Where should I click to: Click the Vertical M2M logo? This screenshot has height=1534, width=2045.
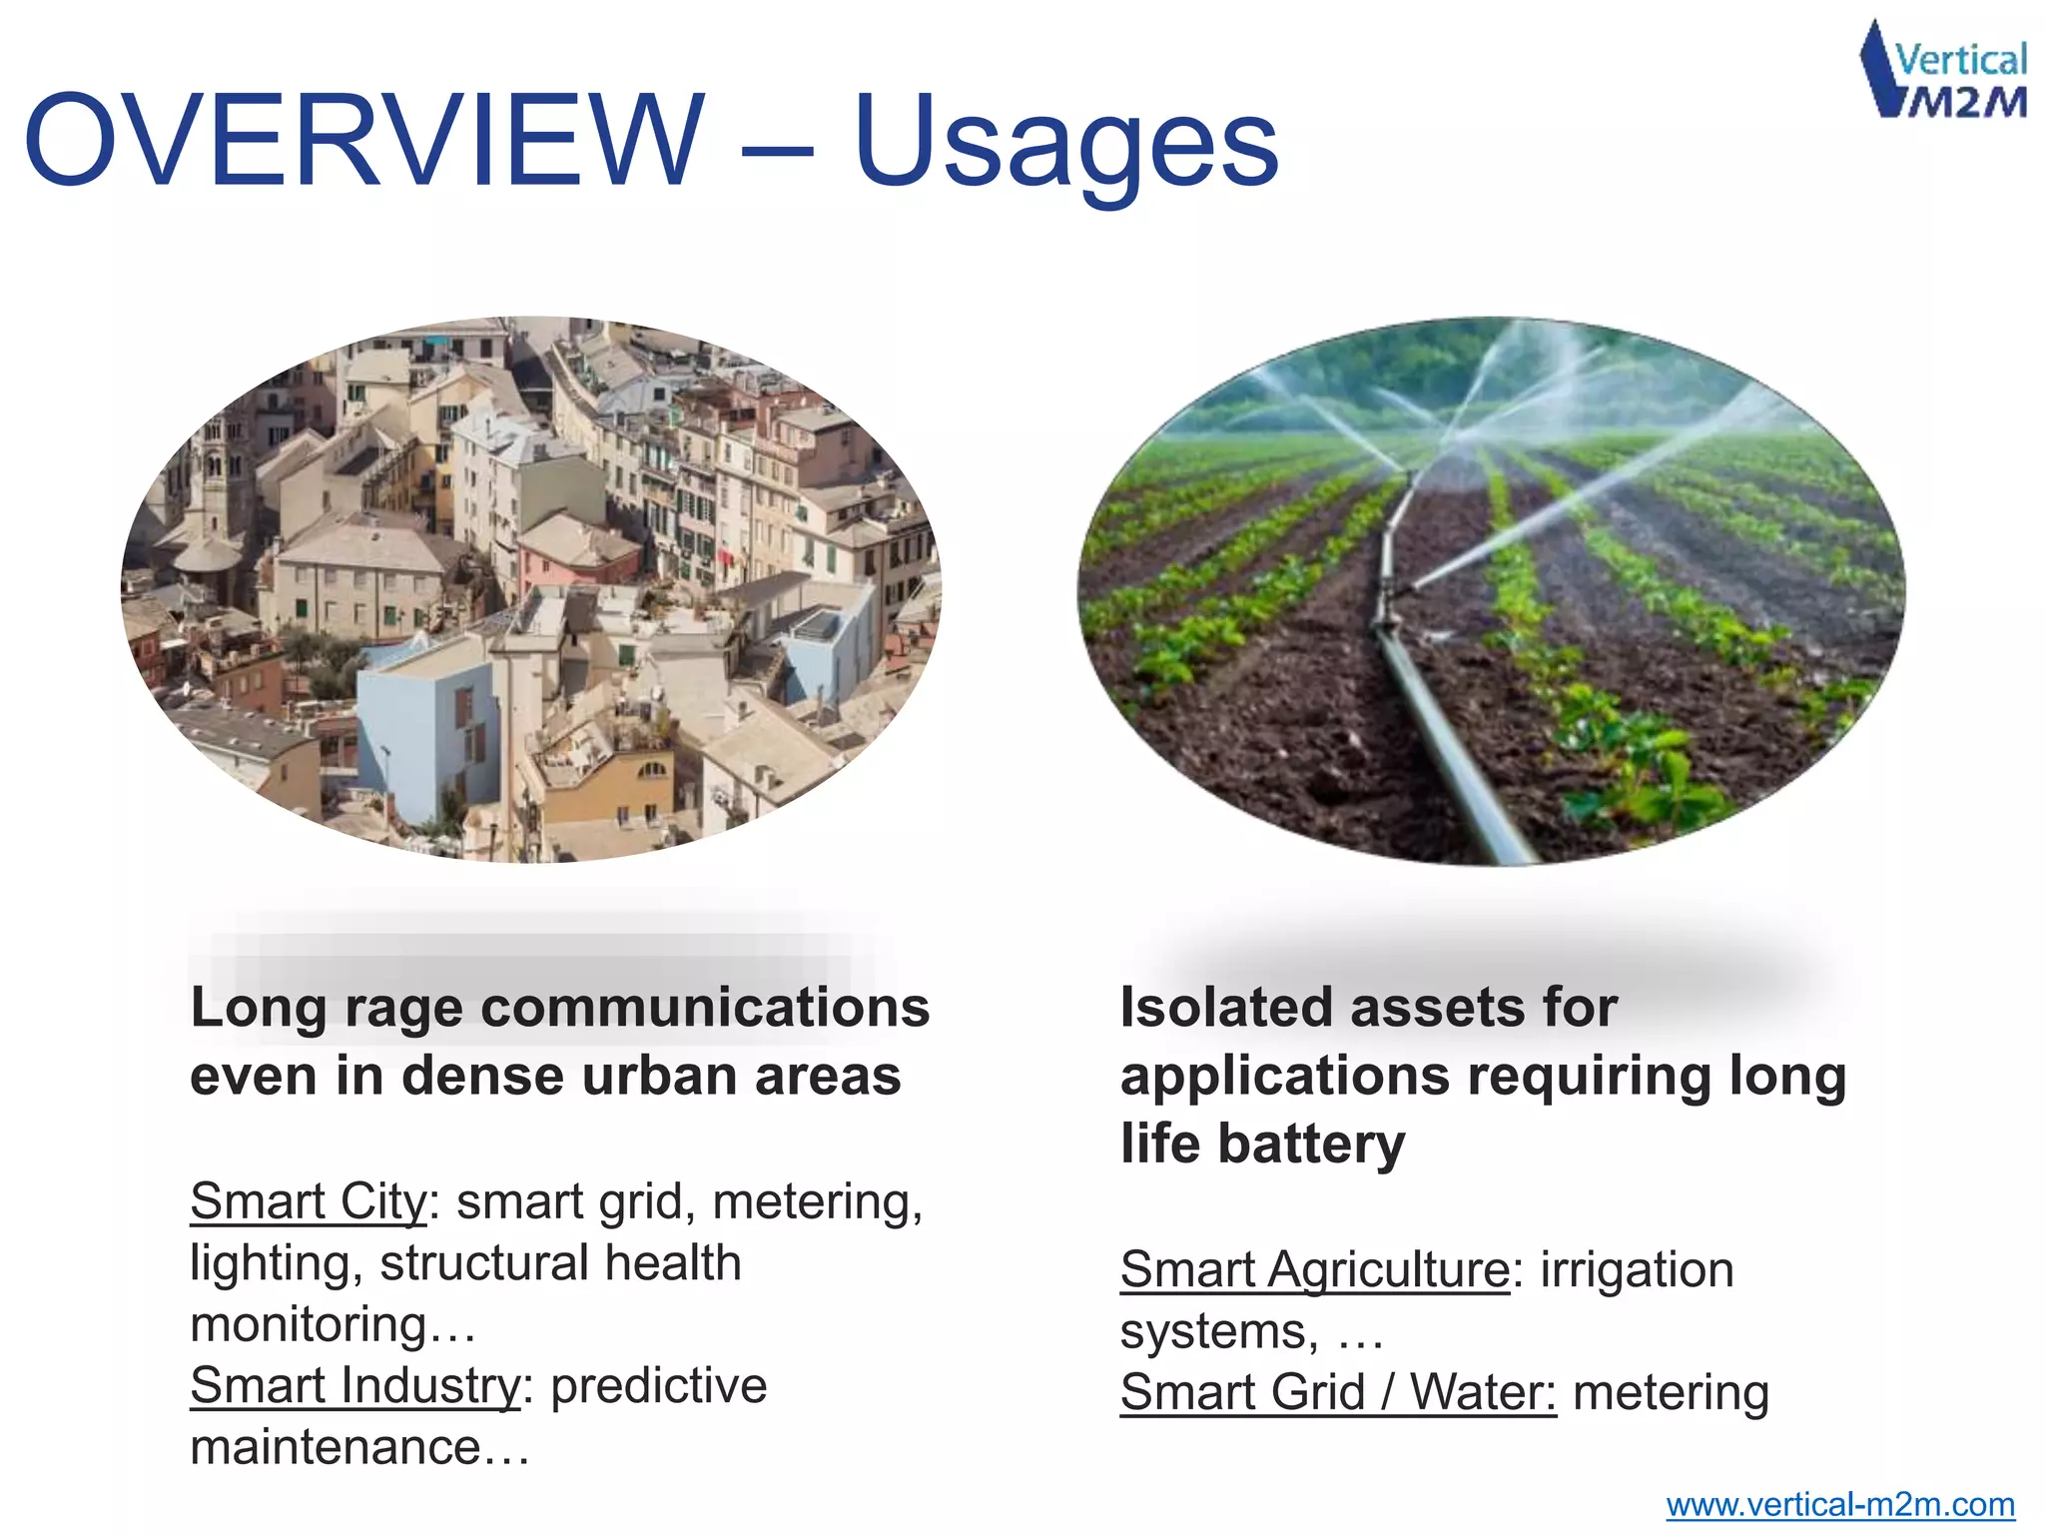tap(1943, 72)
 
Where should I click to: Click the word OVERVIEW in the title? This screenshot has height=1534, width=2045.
tap(364, 141)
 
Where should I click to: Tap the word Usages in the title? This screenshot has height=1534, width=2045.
tap(1065, 145)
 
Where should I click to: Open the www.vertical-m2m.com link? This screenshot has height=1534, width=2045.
tap(1839, 1504)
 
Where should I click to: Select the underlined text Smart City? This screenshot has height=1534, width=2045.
tap(308, 1201)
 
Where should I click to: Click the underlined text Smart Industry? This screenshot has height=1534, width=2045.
tap(354, 1386)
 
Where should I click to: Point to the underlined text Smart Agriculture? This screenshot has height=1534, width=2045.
tap(1314, 1270)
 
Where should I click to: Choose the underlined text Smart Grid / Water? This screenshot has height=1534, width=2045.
tap(1337, 1392)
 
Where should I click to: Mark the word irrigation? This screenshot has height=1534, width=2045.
tap(1637, 1270)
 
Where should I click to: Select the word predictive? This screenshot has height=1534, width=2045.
tap(658, 1386)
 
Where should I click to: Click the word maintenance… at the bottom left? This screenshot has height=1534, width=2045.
tap(359, 1448)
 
